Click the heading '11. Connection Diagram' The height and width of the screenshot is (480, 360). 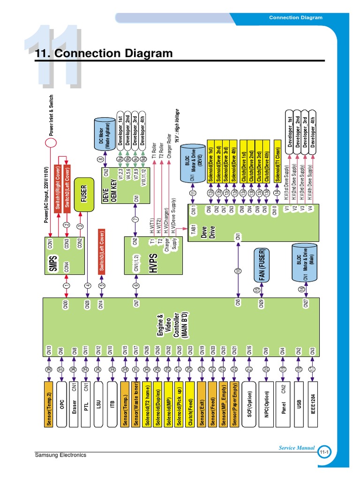[x=104, y=54]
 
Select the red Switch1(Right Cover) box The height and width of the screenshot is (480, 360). [x=58, y=187]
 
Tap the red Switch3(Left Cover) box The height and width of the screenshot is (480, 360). [x=101, y=251]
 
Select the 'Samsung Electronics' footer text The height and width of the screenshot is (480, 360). [x=61, y=455]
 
